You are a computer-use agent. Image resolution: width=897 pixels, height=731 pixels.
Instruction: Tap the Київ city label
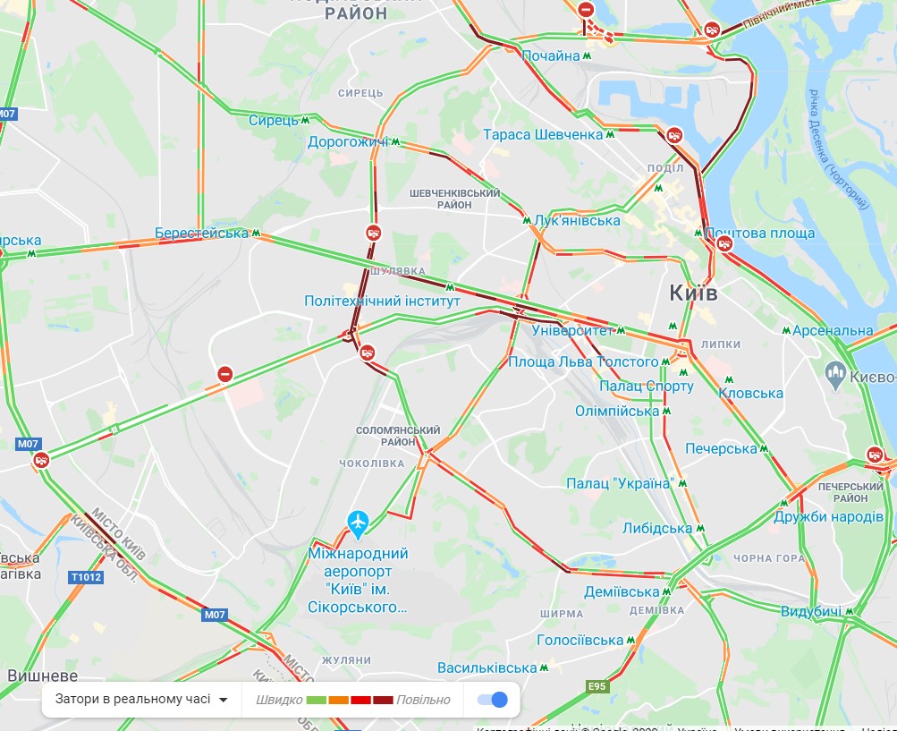(693, 293)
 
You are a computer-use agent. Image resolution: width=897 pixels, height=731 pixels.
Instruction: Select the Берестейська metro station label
(201, 234)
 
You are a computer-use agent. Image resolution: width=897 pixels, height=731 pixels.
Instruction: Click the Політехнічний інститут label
(382, 302)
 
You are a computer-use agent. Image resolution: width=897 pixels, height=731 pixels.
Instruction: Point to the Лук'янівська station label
(577, 221)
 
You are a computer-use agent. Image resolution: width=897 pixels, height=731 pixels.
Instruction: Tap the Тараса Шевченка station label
(543, 135)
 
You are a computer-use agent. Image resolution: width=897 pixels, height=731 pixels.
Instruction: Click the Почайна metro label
(551, 56)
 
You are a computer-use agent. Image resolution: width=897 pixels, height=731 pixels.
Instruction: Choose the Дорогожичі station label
(348, 142)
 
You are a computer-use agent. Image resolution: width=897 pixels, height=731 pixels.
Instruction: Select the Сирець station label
(273, 120)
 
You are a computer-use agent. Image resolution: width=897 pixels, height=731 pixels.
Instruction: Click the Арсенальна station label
(832, 331)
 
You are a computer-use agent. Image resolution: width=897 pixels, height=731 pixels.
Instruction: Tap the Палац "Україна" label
(619, 483)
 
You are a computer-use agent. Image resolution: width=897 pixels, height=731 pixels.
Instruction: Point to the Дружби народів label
(828, 517)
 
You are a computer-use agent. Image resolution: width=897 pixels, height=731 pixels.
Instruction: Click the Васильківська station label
(487, 667)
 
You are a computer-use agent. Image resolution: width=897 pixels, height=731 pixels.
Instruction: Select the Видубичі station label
(810, 612)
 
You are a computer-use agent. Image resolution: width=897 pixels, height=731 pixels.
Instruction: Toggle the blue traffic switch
(492, 700)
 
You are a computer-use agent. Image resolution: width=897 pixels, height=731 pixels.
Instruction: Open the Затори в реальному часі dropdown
(141, 700)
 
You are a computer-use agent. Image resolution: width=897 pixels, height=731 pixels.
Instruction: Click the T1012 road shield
(86, 577)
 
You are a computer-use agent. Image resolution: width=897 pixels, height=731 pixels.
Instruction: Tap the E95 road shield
(597, 687)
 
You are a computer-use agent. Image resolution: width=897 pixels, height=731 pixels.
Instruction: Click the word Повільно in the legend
(423, 700)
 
